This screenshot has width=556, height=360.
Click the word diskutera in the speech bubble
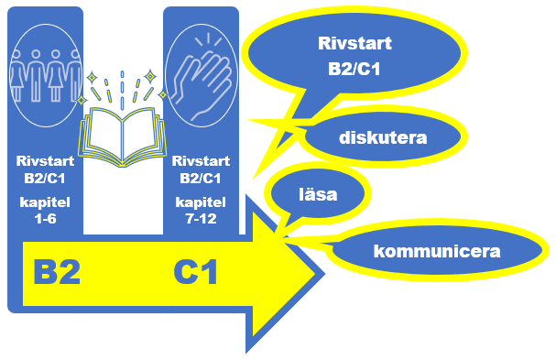(x=383, y=137)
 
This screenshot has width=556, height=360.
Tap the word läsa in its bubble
(x=318, y=194)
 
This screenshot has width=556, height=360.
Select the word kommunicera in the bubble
(x=437, y=251)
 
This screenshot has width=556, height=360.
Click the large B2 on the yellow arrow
(x=57, y=272)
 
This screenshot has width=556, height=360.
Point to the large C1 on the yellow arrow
(x=195, y=272)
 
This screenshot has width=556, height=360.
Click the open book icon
(x=123, y=136)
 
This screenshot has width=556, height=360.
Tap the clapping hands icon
(x=202, y=75)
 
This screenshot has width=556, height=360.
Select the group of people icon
(x=46, y=75)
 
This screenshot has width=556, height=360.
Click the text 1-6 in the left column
(x=46, y=219)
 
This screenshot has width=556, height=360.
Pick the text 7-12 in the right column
(x=201, y=219)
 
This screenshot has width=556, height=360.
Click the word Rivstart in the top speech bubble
(x=354, y=43)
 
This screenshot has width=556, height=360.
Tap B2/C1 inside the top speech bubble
(x=354, y=69)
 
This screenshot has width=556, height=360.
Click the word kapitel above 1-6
(x=45, y=202)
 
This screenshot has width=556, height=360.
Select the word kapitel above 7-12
(x=201, y=202)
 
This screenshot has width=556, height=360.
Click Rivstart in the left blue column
(x=45, y=161)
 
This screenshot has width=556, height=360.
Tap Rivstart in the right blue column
(x=201, y=161)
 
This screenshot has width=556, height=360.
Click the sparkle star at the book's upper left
(x=92, y=77)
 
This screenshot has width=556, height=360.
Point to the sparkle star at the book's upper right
(x=150, y=76)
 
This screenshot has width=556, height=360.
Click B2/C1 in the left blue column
(x=45, y=178)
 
